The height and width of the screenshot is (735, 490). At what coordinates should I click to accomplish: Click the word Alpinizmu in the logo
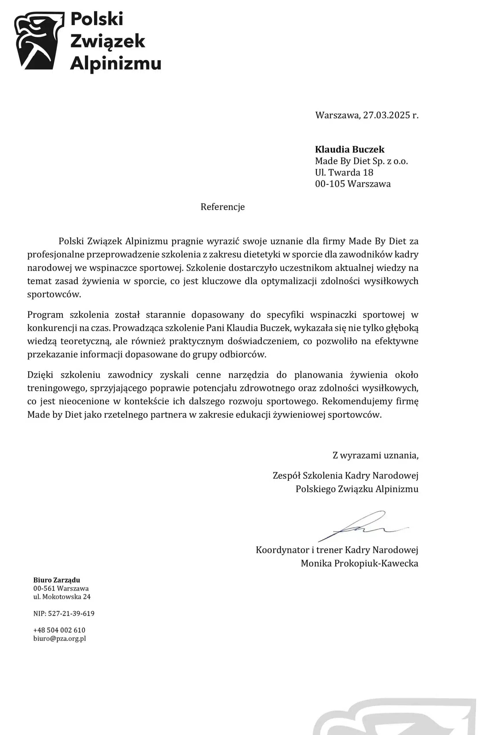[116, 64]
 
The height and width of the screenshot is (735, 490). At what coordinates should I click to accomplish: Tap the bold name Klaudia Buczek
[350, 149]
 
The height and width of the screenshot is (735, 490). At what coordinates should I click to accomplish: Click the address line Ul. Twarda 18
[344, 173]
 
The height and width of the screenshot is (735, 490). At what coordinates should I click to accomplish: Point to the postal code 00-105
[330, 184]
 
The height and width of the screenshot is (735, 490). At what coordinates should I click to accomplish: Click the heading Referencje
[223, 207]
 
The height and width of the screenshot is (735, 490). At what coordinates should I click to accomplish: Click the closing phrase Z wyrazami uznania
[375, 455]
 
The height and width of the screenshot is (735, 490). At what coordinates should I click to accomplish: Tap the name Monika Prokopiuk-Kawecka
[359, 563]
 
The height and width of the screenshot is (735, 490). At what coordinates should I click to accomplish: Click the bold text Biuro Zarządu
[57, 580]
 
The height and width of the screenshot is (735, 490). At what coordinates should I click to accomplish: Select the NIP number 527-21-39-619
[71, 614]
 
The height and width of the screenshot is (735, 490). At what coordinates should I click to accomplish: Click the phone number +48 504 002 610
[59, 630]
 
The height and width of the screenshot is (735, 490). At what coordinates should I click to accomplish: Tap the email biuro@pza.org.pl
[60, 639]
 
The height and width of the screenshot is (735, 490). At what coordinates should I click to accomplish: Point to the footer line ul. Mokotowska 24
[62, 597]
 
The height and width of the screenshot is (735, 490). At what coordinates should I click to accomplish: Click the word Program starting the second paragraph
[45, 315]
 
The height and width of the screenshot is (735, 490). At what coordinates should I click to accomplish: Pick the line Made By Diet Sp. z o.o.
[362, 161]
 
